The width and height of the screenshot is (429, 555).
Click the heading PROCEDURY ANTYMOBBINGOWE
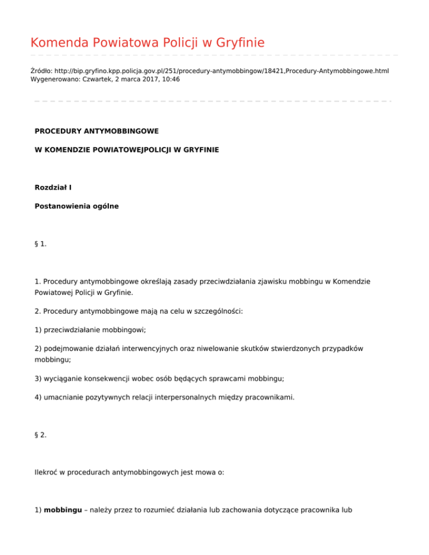point(97,131)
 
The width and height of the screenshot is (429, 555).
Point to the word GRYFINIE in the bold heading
point(199,150)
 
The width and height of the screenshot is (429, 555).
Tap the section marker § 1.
point(41,243)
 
